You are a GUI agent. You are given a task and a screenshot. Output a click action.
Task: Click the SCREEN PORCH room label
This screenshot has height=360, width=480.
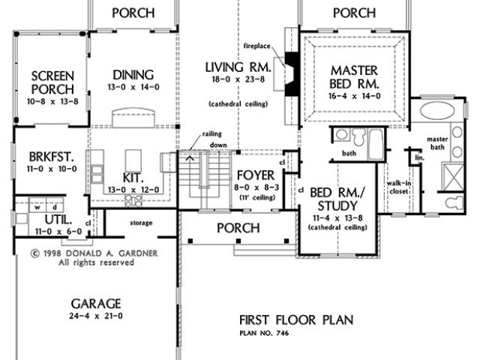pos(52,82)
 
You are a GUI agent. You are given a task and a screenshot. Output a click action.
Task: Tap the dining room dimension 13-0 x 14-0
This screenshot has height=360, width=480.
pos(133,87)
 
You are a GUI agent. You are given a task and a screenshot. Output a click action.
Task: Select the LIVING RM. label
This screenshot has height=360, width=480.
pos(238,67)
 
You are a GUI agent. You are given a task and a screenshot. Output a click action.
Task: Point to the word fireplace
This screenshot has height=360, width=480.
pos(257,46)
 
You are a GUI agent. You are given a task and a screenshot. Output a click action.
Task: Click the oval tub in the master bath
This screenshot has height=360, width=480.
pos(437,110)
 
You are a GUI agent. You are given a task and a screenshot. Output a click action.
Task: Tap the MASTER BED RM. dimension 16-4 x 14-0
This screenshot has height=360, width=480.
pos(355,96)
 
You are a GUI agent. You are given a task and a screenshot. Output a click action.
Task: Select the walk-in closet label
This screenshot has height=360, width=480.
pos(399,187)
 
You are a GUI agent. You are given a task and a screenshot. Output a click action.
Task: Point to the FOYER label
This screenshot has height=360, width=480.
pos(256,175)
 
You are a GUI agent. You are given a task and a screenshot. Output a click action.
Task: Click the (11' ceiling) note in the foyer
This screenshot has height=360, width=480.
pos(257,198)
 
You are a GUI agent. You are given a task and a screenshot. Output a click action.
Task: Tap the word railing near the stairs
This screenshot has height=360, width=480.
pos(211,134)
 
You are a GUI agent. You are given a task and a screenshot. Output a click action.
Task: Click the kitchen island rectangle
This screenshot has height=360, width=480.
pos(133,160)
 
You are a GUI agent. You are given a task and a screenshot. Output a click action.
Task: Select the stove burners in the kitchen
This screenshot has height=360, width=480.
pos(133,201)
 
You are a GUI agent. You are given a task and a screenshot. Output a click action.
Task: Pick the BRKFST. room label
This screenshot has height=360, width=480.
pos(52,157)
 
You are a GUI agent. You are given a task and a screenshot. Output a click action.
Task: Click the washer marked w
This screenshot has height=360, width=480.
pos(37,208)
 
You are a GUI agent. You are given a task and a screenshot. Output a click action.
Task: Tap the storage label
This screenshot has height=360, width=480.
pos(141,223)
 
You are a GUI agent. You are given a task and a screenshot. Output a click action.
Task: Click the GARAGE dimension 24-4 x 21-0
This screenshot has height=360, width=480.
pos(96,316)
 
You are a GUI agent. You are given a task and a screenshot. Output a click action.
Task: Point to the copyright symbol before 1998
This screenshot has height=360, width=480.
pos(35,253)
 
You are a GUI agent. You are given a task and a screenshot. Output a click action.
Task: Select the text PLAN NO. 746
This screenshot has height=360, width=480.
pos(264,333)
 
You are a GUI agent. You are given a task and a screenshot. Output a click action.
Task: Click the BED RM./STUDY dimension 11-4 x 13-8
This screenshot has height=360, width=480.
pos(337,218)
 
